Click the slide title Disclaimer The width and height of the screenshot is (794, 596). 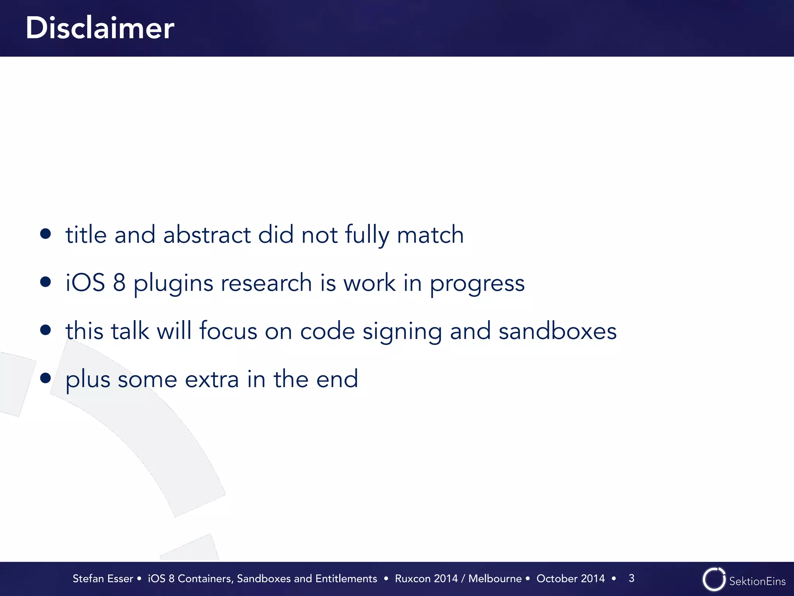100,28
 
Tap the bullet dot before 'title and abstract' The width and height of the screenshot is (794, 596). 46,234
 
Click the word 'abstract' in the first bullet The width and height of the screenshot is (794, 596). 207,235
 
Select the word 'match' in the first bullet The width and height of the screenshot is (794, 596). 430,235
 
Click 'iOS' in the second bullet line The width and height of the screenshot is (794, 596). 85,282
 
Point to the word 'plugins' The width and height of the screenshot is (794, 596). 173,284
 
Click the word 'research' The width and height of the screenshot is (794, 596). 266,282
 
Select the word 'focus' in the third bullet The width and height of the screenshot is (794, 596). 228,331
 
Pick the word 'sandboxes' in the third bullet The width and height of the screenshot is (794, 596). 558,331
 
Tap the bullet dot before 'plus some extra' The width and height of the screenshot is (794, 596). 46,378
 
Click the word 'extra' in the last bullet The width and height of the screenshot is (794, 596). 212,379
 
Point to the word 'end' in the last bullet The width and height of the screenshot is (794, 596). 337,379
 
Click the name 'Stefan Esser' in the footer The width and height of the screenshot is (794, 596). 103,579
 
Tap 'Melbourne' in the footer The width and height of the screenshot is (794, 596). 495,579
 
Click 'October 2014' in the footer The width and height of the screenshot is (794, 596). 570,579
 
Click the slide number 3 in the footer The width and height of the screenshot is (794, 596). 632,578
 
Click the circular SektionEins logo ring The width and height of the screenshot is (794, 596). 713,579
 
